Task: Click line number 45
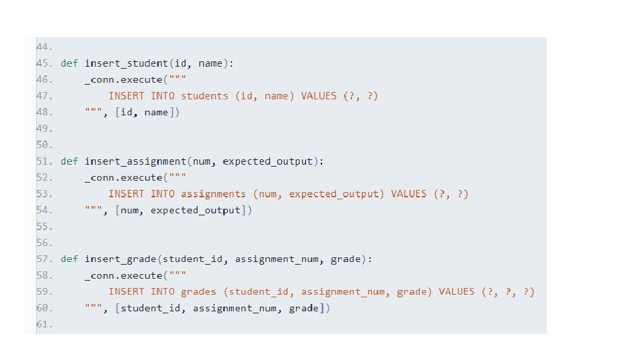point(43,63)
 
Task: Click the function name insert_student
point(126,63)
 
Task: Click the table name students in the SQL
point(205,96)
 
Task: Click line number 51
point(43,161)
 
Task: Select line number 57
point(43,259)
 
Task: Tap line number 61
point(43,325)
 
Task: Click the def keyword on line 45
point(69,63)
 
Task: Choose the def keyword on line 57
point(69,259)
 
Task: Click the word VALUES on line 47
point(319,96)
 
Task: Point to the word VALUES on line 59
point(457,292)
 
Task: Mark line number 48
point(43,113)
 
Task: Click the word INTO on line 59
point(163,292)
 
